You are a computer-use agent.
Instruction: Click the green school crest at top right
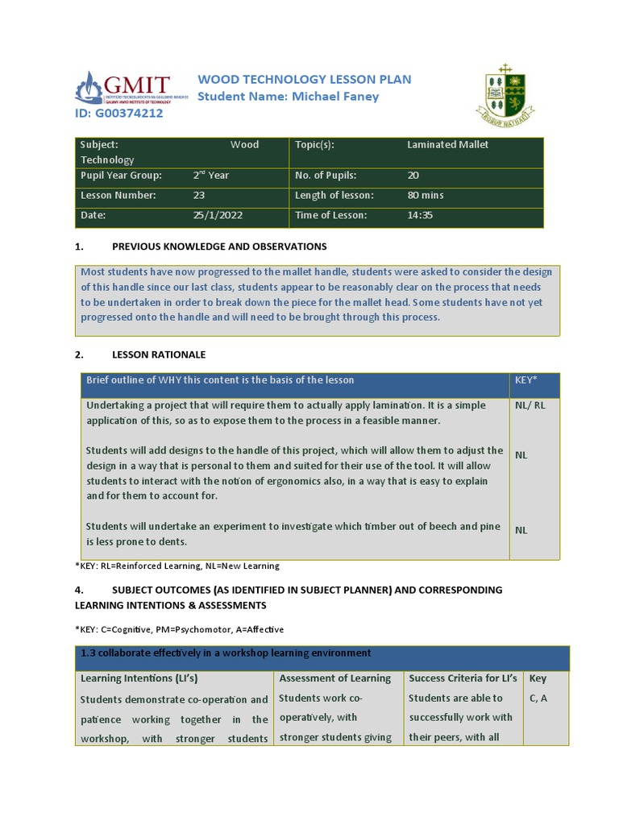click(x=505, y=95)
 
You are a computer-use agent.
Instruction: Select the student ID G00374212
click(x=119, y=114)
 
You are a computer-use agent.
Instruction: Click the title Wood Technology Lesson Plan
click(x=305, y=79)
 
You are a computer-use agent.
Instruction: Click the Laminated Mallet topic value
click(x=448, y=145)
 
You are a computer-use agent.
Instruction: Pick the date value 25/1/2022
click(x=217, y=215)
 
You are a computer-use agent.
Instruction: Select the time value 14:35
click(x=420, y=215)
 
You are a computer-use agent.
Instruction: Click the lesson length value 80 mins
click(x=426, y=195)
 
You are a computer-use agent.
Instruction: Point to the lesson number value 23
click(x=199, y=195)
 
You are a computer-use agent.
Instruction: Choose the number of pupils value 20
click(x=413, y=176)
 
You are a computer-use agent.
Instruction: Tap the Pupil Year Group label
click(x=121, y=176)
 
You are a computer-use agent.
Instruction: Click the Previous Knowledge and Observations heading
click(x=219, y=247)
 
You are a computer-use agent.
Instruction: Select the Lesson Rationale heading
click(x=159, y=354)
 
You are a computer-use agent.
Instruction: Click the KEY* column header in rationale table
click(x=526, y=380)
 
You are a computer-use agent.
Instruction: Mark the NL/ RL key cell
click(x=530, y=405)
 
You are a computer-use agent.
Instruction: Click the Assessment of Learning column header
click(x=334, y=678)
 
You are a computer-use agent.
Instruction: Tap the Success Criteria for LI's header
click(x=463, y=678)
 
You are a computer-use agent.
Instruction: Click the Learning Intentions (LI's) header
click(x=139, y=678)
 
